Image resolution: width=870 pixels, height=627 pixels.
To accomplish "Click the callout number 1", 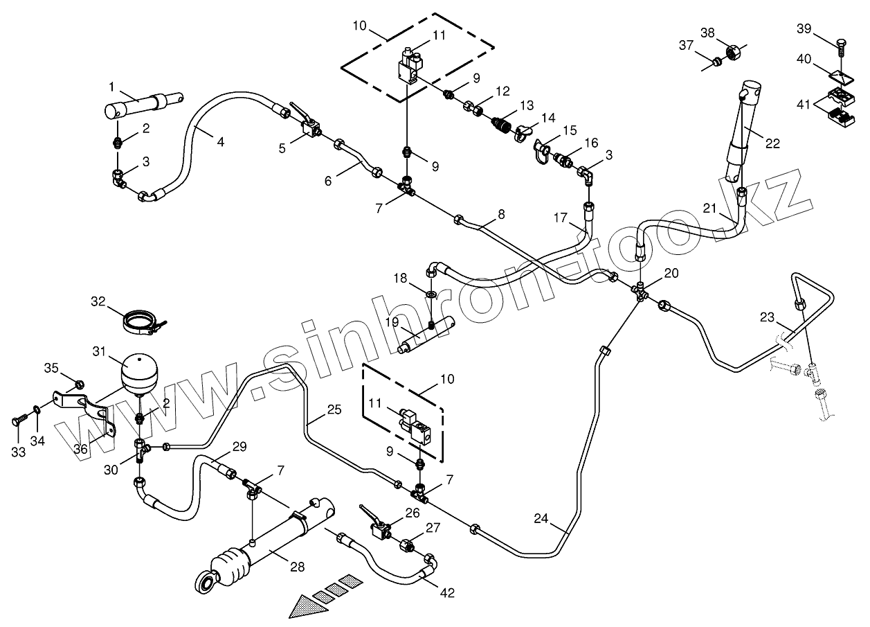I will click(111, 87).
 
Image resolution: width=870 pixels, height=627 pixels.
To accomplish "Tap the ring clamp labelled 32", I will click(143, 321).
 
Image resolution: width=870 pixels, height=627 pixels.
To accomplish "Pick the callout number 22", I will click(771, 143).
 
